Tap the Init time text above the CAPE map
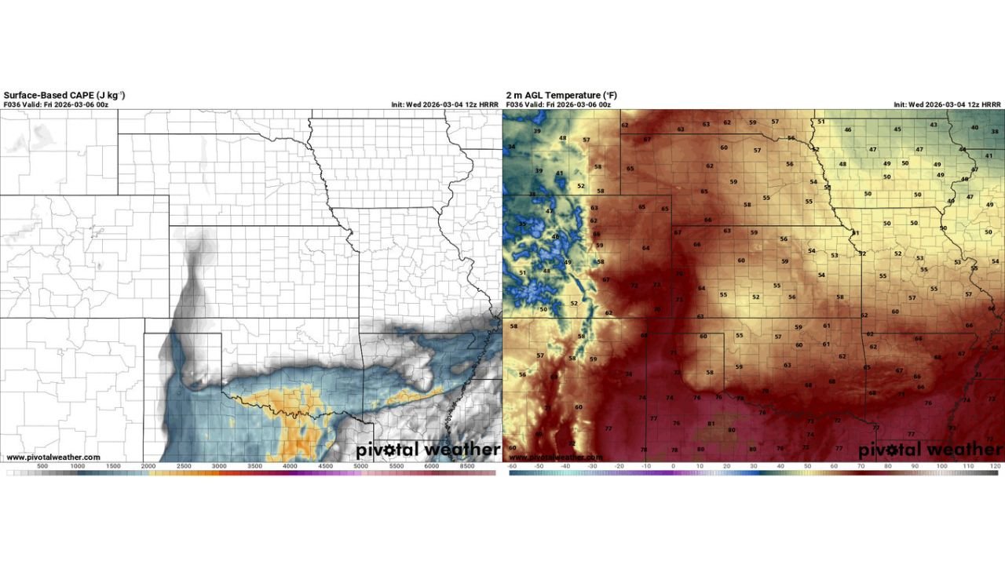click(444, 104)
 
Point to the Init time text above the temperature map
click(947, 104)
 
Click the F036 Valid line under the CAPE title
click(56, 104)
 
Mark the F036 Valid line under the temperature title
click(558, 104)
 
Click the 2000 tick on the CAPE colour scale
click(148, 466)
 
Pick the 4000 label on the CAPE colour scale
click(290, 466)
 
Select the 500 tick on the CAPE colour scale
click(42, 466)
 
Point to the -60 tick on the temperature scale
click(512, 466)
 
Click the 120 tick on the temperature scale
click(995, 466)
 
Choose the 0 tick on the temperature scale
click(673, 466)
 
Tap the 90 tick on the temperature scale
click(915, 466)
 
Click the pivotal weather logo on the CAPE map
click(428, 450)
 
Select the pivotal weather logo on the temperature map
click(930, 450)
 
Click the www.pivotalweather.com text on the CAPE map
click(53, 457)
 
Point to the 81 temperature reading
click(711, 424)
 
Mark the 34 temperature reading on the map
click(512, 147)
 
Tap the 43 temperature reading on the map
click(934, 125)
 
